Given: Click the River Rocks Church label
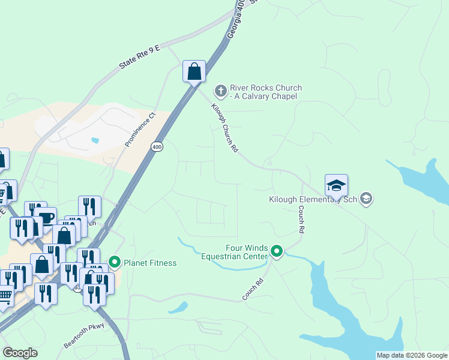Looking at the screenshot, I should pyautogui.click(x=265, y=92).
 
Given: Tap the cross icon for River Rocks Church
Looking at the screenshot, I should pyautogui.click(x=220, y=91).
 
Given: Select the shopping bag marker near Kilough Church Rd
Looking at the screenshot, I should pyautogui.click(x=194, y=71).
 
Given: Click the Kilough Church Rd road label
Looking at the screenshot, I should pyautogui.click(x=225, y=127).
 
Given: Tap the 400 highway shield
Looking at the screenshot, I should pyautogui.click(x=157, y=147).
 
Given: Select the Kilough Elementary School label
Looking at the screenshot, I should pyautogui.click(x=313, y=199).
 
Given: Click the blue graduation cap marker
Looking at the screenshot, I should pyautogui.click(x=336, y=185).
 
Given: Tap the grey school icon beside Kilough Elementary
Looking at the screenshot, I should pyautogui.click(x=367, y=199).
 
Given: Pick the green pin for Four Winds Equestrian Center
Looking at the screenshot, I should pyautogui.click(x=276, y=251).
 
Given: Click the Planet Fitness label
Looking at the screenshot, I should pyautogui.click(x=150, y=263).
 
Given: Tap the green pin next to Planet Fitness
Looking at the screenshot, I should pyautogui.click(x=115, y=262).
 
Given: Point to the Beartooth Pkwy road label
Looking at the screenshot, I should pyautogui.click(x=84, y=337).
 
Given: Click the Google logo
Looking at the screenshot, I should pyautogui.click(x=20, y=353).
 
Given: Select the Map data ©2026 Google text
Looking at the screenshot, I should pyautogui.click(x=412, y=355).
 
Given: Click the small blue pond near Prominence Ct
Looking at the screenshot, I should pyautogui.click(x=95, y=140).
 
